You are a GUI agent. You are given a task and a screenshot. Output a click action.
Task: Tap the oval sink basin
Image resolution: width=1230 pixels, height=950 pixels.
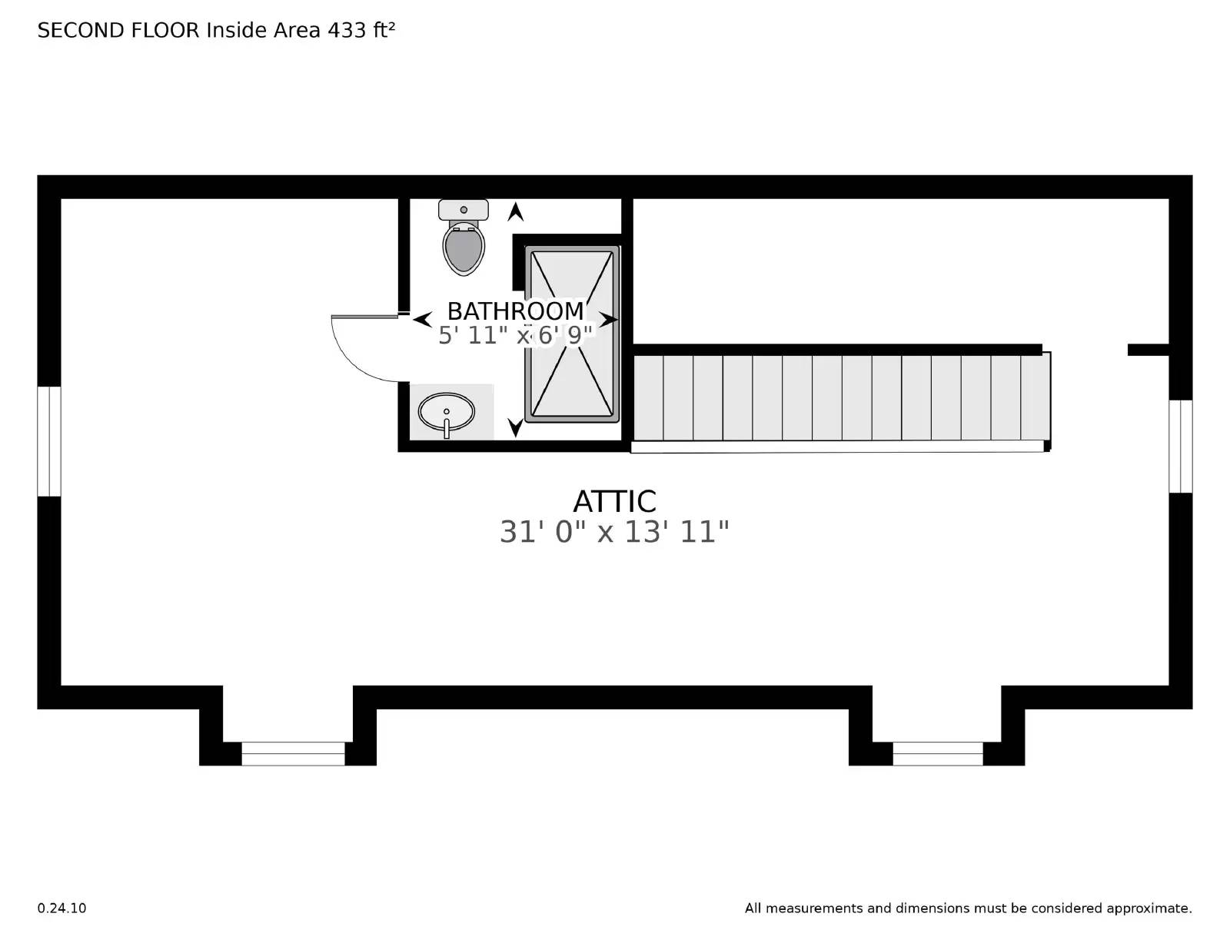click(x=446, y=412)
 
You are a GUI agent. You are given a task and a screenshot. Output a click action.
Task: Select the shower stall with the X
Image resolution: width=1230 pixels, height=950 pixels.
click(x=572, y=334)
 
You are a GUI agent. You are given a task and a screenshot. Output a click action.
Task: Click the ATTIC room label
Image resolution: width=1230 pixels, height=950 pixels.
click(x=614, y=502)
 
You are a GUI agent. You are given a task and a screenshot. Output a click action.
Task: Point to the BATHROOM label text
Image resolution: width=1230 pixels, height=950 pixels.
click(x=515, y=311)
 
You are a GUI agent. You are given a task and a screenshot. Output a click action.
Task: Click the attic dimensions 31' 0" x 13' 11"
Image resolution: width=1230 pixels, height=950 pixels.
click(x=613, y=532)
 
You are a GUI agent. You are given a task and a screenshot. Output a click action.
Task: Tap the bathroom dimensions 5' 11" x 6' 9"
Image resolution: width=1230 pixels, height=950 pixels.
click(x=515, y=336)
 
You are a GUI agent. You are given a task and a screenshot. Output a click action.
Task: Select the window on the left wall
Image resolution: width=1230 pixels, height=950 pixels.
click(x=49, y=441)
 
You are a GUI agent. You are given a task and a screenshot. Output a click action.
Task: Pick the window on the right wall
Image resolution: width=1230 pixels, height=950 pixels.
click(x=1180, y=446)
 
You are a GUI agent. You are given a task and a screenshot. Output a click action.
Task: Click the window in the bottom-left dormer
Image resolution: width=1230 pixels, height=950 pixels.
click(x=293, y=753)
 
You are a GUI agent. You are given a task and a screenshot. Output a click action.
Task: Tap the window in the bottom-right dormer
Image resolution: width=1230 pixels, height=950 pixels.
click(x=937, y=753)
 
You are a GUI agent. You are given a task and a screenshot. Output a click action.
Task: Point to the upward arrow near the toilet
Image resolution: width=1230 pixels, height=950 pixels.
click(x=515, y=211)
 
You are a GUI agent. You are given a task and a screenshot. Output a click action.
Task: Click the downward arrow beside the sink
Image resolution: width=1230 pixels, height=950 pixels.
click(x=515, y=427)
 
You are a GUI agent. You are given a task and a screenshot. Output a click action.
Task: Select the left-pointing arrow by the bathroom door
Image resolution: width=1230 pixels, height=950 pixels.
click(x=421, y=319)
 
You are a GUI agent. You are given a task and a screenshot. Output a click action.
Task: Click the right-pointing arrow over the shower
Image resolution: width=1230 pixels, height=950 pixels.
click(x=609, y=319)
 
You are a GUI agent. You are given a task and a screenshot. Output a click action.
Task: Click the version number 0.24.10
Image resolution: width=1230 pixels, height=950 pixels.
click(x=61, y=908)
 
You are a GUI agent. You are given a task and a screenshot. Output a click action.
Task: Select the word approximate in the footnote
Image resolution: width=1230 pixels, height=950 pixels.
click(x=1148, y=908)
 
